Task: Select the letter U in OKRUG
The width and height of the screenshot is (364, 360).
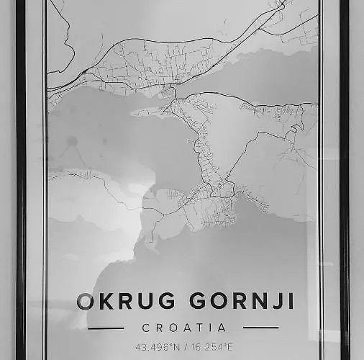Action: click(x=137, y=301)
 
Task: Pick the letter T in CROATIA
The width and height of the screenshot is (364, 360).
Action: click(x=198, y=328)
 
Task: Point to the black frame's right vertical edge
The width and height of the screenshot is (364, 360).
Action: click(x=344, y=180)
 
